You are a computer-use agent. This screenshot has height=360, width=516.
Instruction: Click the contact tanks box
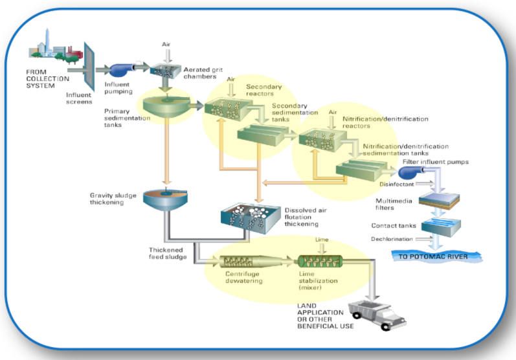point(440,227)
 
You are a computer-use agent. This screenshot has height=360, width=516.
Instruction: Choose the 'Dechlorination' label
point(392,239)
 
